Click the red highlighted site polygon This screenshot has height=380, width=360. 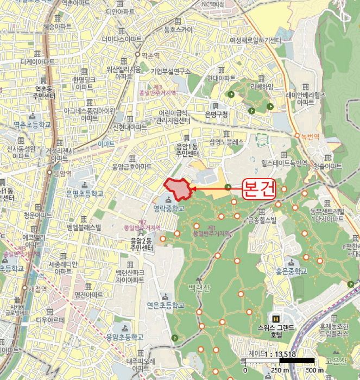coord(178,188)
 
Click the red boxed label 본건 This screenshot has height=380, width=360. coord(258,189)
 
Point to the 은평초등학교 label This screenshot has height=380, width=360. coord(85,193)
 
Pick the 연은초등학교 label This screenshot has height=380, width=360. coord(166,306)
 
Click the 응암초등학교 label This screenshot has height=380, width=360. coord(124,337)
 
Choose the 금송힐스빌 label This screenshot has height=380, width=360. coord(262,220)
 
